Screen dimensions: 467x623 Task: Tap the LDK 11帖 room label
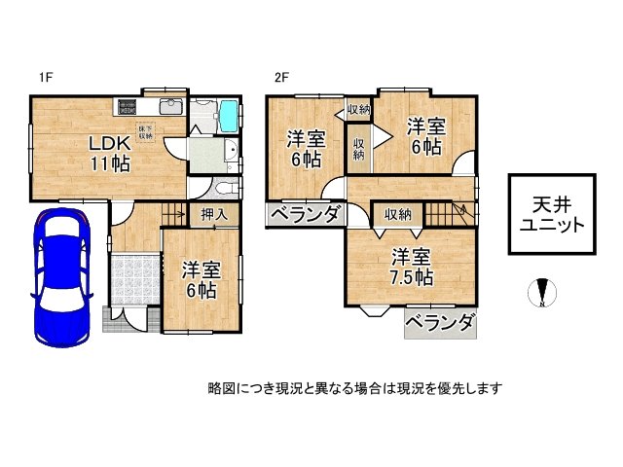tap(111, 152)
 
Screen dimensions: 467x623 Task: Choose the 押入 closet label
tap(214, 214)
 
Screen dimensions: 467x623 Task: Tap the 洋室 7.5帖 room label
tap(413, 266)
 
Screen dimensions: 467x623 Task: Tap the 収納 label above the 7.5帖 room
tap(396, 214)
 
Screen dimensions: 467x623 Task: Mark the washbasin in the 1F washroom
tap(230, 150)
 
